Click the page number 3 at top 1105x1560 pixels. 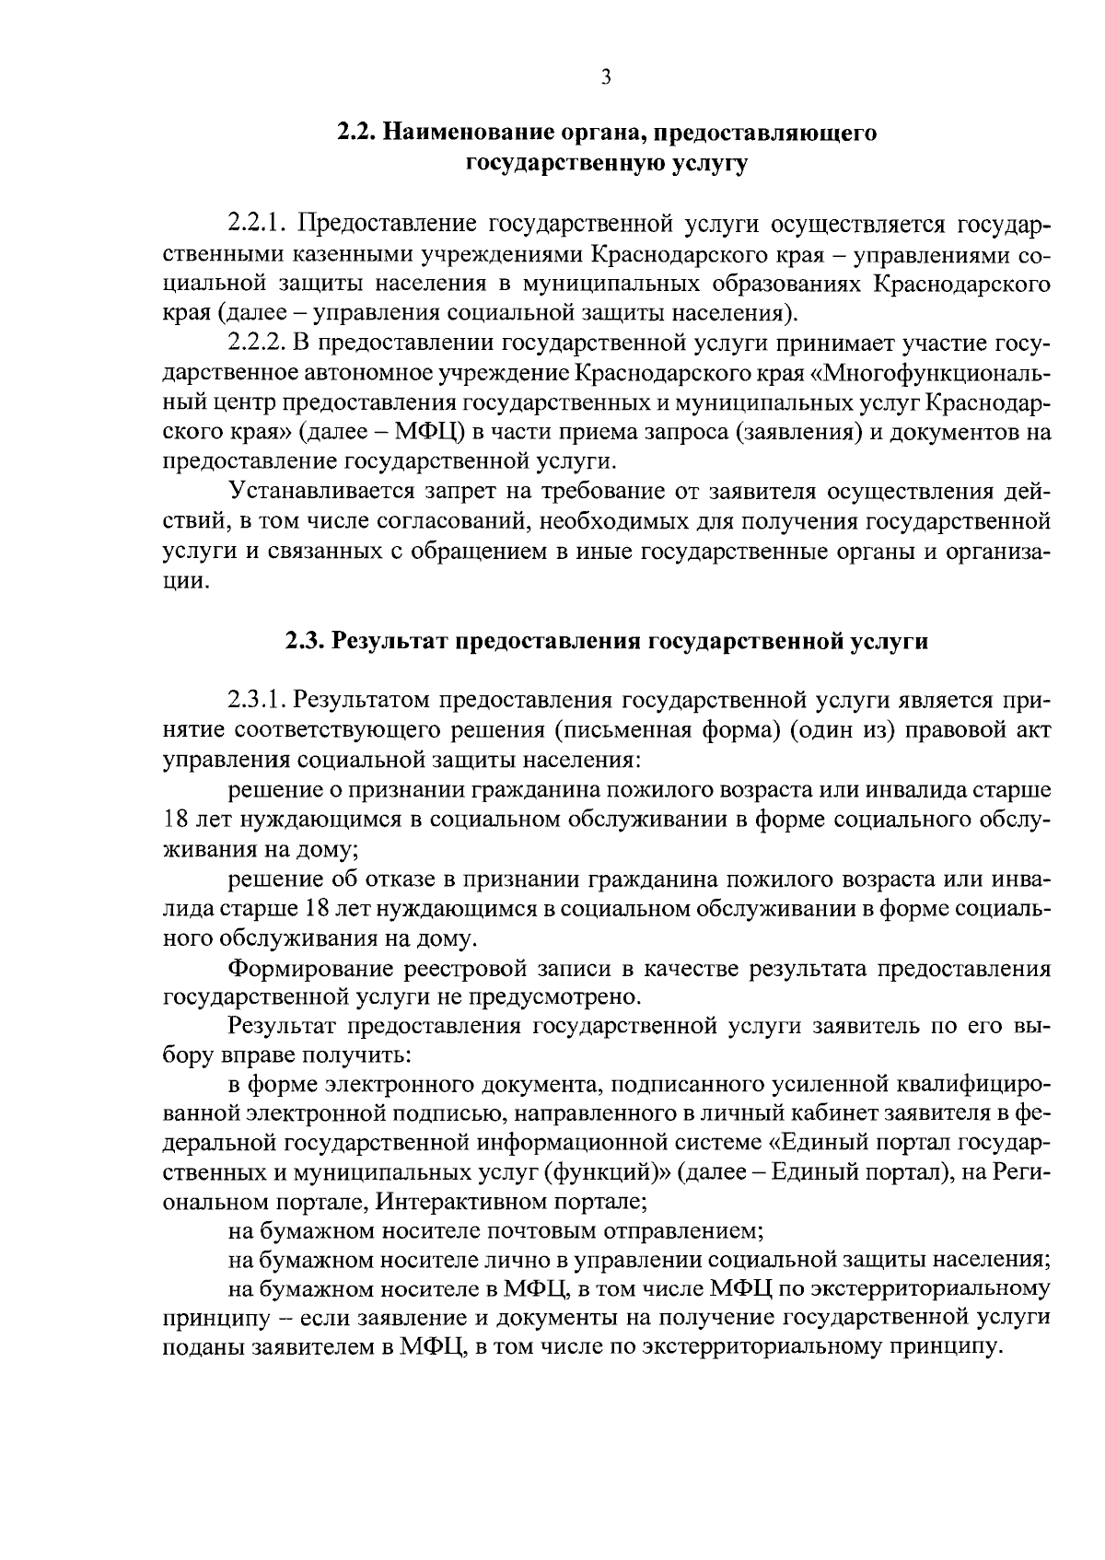605,79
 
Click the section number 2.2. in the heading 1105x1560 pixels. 355,133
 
